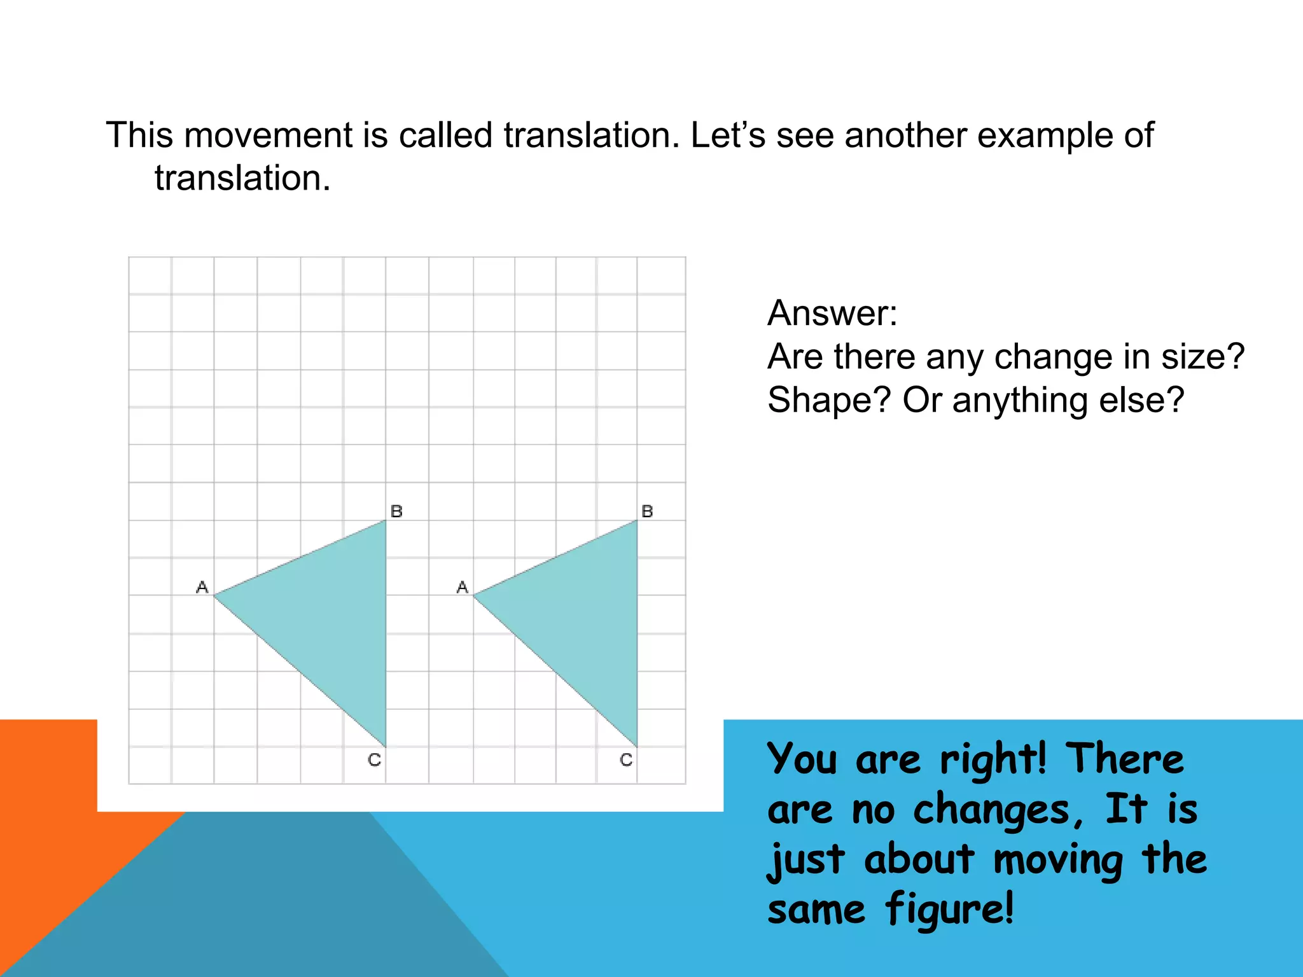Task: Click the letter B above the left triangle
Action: [x=396, y=511]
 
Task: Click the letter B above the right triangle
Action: [x=647, y=511]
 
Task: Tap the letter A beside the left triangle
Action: [x=202, y=587]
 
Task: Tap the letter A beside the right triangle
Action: [x=463, y=587]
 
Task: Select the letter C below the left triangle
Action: [x=375, y=759]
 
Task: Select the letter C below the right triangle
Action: [x=626, y=759]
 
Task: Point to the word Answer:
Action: [x=832, y=313]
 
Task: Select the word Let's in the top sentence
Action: [x=728, y=135]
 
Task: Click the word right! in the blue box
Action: [x=993, y=760]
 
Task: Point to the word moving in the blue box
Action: [x=1058, y=860]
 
